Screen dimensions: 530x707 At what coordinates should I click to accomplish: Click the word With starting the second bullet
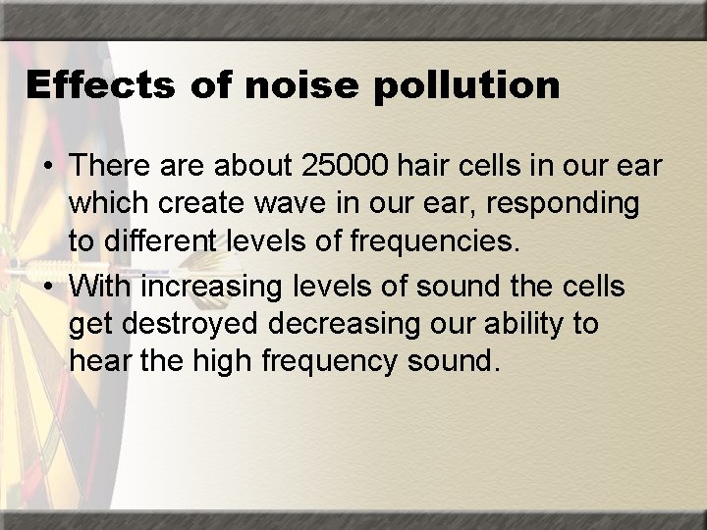(x=101, y=289)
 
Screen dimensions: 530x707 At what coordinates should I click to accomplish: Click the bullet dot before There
(x=46, y=168)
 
